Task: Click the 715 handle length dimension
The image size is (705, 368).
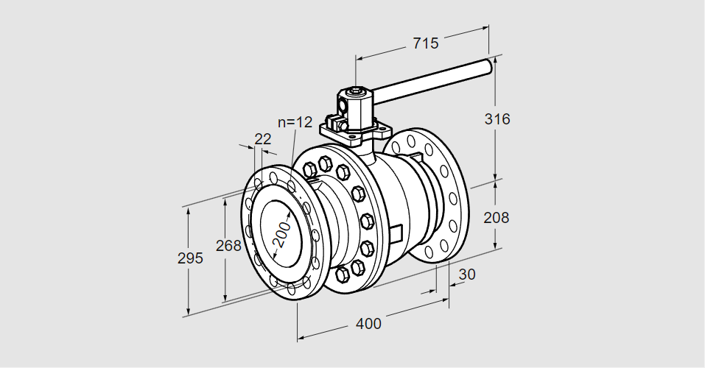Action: (x=425, y=43)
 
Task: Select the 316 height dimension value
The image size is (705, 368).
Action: (x=498, y=118)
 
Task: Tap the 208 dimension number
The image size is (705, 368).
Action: (x=497, y=217)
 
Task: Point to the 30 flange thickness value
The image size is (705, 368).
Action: (x=467, y=275)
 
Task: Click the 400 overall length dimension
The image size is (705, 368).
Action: (x=368, y=323)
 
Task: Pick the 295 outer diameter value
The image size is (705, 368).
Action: (x=189, y=258)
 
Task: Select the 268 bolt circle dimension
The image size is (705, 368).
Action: (x=228, y=245)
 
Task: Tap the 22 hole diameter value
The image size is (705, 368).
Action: (x=262, y=139)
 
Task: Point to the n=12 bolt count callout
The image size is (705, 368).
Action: (x=295, y=122)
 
